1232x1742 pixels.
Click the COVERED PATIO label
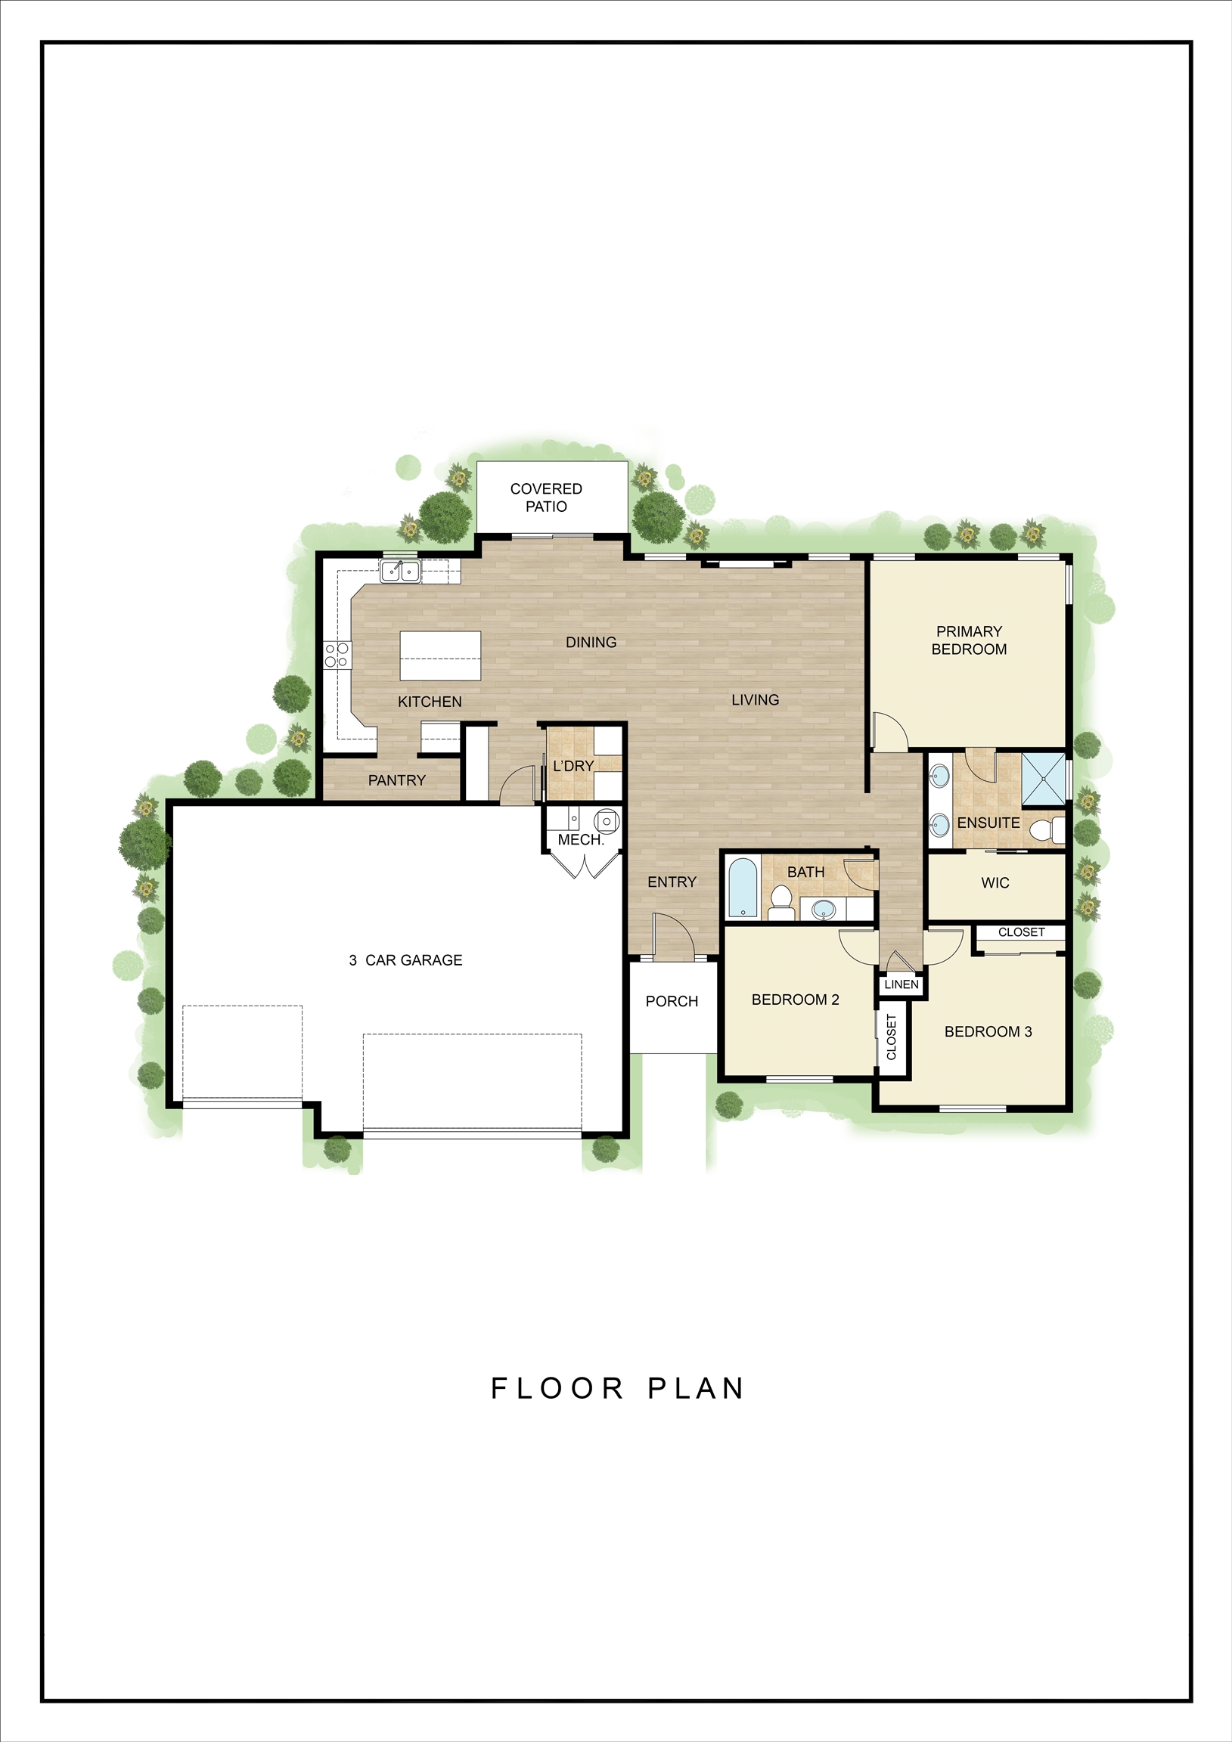click(x=546, y=497)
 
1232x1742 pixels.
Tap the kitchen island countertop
click(x=440, y=656)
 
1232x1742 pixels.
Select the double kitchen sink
click(x=401, y=572)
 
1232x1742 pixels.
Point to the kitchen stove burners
click(x=337, y=655)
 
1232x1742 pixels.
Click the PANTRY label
click(x=396, y=780)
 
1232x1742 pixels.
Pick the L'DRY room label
click(x=573, y=767)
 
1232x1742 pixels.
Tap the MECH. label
click(x=581, y=840)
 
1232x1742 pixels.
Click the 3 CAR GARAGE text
click(x=405, y=959)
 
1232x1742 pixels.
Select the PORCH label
click(x=672, y=1001)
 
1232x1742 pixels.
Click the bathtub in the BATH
click(x=743, y=887)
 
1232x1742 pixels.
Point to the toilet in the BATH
click(x=780, y=902)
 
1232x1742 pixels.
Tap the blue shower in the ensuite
click(x=1044, y=779)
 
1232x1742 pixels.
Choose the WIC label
click(x=995, y=882)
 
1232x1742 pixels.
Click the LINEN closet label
click(x=902, y=984)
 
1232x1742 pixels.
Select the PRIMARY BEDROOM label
click(x=969, y=640)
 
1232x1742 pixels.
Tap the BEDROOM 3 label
click(x=988, y=1031)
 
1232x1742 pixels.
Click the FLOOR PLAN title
click(x=617, y=1388)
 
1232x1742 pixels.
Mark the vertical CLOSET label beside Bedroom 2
click(x=892, y=1037)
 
